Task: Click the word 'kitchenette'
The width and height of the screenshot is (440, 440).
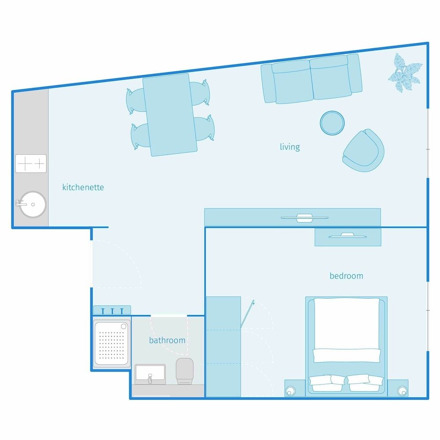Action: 83,187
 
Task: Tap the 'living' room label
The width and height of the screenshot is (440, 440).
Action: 290,147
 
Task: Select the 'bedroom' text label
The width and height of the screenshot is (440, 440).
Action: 346,276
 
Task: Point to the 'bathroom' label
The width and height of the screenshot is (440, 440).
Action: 167,341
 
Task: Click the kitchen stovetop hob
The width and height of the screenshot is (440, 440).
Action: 31,164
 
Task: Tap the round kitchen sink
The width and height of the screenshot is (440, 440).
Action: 33,204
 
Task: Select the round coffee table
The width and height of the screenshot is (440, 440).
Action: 332,123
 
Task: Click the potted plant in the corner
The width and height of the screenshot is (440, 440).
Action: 405,73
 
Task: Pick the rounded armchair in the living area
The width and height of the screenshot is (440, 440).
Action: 363,150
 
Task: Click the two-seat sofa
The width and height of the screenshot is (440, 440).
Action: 312,79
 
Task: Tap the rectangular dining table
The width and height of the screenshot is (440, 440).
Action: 170,115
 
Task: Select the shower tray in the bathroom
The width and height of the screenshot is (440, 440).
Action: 112,344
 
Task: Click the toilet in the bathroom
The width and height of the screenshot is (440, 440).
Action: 184,371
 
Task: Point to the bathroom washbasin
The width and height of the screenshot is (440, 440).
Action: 150,374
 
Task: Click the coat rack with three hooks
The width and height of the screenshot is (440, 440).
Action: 112,310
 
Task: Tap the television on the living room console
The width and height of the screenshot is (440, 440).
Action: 304,218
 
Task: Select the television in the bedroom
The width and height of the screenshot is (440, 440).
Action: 348,235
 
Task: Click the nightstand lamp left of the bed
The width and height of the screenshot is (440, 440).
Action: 290,391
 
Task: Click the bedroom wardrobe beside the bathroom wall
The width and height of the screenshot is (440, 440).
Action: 224,347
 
